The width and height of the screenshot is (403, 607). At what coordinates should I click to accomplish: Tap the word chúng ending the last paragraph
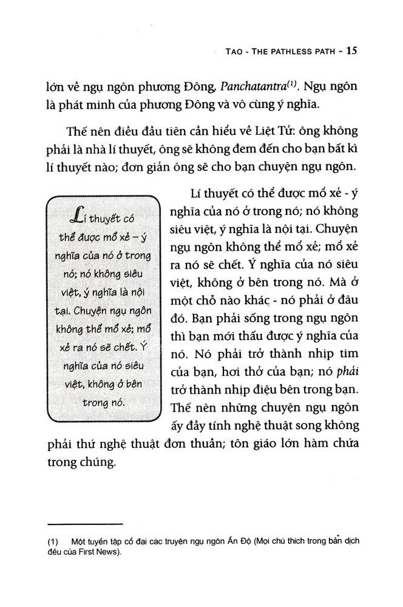[x=95, y=464]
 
